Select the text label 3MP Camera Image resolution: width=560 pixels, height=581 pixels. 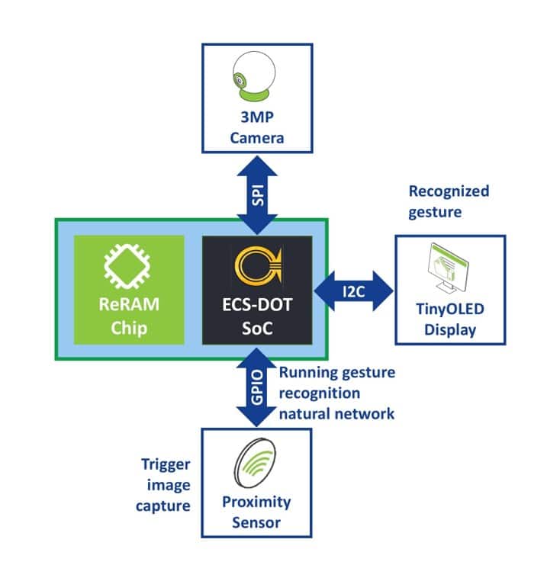click(257, 130)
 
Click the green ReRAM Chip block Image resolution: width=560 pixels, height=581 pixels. click(129, 289)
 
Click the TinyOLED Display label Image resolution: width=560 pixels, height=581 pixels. click(449, 322)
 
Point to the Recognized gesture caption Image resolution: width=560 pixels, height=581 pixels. click(449, 201)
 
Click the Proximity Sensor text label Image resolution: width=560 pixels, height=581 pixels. click(256, 512)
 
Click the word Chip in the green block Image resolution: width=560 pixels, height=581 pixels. click(129, 329)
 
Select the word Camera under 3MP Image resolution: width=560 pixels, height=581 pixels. click(257, 138)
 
